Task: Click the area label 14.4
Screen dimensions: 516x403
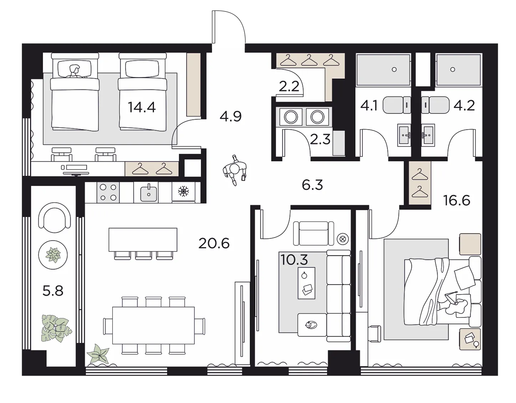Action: point(142,107)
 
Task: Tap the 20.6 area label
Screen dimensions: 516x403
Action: point(214,243)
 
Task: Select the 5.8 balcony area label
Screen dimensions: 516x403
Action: point(53,291)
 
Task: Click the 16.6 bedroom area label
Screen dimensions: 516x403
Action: point(457,201)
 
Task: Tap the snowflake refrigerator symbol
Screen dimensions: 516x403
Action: point(183,191)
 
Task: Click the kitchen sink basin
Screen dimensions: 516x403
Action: point(149,193)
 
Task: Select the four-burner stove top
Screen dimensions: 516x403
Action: point(108,192)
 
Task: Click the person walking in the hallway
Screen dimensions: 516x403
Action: point(235,170)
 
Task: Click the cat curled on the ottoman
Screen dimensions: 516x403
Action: point(310,325)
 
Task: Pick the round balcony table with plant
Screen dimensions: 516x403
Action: point(53,255)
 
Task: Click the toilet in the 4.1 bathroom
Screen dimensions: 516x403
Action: point(397,105)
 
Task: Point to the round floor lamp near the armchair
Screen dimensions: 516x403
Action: point(342,239)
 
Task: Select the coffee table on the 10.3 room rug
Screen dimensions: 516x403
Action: point(307,283)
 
